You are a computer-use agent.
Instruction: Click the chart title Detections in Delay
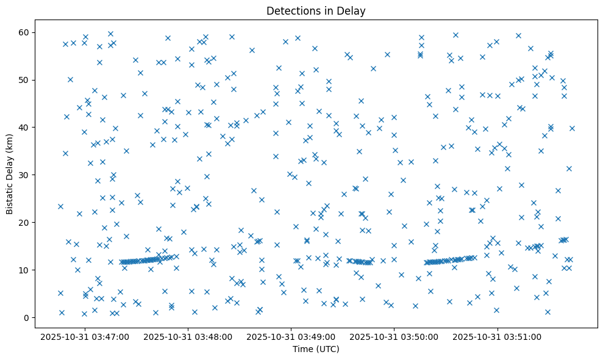pyautogui.click(x=316, y=11)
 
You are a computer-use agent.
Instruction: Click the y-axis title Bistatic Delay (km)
pyautogui.click(x=10, y=174)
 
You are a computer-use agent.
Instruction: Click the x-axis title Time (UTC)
pyautogui.click(x=316, y=350)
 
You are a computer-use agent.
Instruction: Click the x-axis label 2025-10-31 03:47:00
pyautogui.click(x=85, y=336)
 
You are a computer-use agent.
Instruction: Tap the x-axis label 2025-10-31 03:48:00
pyautogui.click(x=188, y=336)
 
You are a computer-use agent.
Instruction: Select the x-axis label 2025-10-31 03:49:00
pyautogui.click(x=291, y=336)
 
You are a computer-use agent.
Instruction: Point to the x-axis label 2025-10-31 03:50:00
pyautogui.click(x=394, y=336)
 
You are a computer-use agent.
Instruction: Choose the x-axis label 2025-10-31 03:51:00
pyautogui.click(x=498, y=336)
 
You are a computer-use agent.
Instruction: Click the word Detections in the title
pyautogui.click(x=291, y=11)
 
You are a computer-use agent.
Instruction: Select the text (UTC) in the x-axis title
pyautogui.click(x=327, y=350)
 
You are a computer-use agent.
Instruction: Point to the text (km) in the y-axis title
pyautogui.click(x=10, y=142)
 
